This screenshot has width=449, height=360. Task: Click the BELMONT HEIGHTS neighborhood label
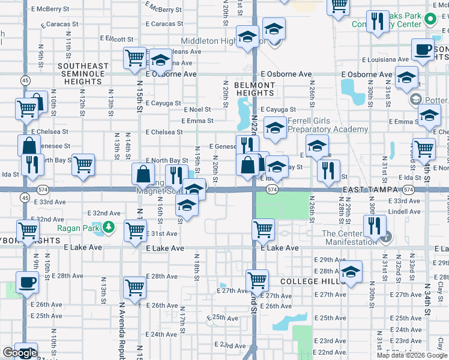pos(254,89)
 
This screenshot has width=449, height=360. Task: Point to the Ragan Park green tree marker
pos(108,227)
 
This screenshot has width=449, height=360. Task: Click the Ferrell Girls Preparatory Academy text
pos(327,125)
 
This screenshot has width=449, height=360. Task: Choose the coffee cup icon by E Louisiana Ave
pos(423,50)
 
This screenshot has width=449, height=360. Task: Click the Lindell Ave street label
pos(404,211)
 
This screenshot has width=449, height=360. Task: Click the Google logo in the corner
pos(20,353)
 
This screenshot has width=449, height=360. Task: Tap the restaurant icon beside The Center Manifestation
pos(375,226)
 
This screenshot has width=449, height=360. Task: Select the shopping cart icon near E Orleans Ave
pos(135,58)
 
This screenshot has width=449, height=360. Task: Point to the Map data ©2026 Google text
pos(412,355)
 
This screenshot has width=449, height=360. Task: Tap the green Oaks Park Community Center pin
pos(430,19)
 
